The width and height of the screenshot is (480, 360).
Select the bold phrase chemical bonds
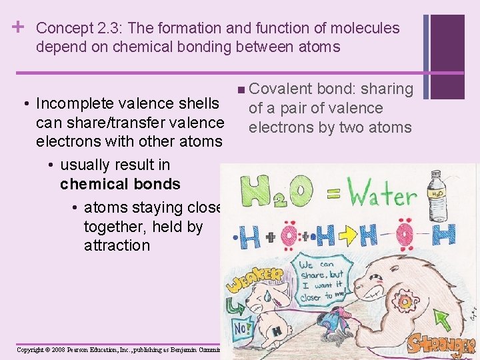120,184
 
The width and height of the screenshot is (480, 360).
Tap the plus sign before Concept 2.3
19,27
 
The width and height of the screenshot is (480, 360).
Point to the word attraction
117,245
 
